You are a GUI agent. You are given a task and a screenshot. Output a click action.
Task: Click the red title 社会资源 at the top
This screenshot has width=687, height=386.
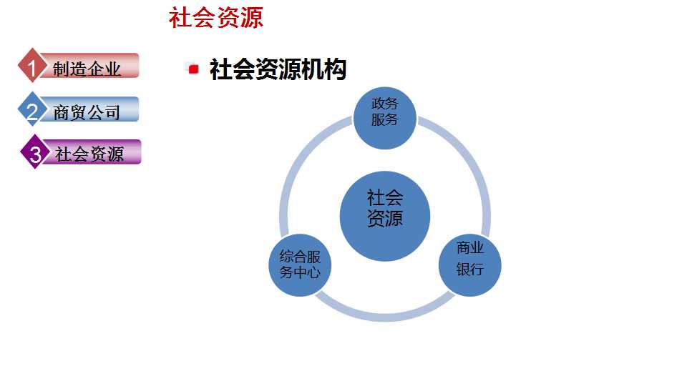click(215, 18)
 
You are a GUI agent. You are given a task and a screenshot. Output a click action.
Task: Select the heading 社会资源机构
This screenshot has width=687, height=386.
click(278, 69)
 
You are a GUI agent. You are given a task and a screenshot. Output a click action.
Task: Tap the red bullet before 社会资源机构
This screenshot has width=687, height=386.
click(193, 69)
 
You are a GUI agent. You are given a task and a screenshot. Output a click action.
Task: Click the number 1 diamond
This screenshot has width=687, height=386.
click(31, 68)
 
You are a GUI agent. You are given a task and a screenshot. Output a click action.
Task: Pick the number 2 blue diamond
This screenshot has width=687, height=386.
click(31, 111)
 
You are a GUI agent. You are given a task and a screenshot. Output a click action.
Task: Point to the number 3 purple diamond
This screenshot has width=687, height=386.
click(34, 153)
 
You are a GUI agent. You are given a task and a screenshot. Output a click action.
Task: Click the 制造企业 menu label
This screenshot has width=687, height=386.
click(87, 69)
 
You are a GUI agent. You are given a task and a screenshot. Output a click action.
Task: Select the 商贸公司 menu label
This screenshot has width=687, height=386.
click(87, 112)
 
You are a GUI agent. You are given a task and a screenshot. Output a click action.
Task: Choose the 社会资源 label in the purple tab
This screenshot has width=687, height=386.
click(89, 154)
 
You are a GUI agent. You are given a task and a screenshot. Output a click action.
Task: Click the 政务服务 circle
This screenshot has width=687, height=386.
click(384, 117)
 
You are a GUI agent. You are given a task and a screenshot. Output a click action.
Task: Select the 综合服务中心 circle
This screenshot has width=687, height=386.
click(300, 264)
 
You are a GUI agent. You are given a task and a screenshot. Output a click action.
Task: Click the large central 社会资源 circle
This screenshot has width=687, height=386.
click(384, 216)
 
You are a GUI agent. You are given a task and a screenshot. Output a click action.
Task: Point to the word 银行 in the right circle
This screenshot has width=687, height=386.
click(470, 269)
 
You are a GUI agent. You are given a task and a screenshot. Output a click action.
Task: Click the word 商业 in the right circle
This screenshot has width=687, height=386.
click(470, 248)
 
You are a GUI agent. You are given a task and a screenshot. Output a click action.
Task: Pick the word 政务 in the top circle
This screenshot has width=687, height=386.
click(384, 104)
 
